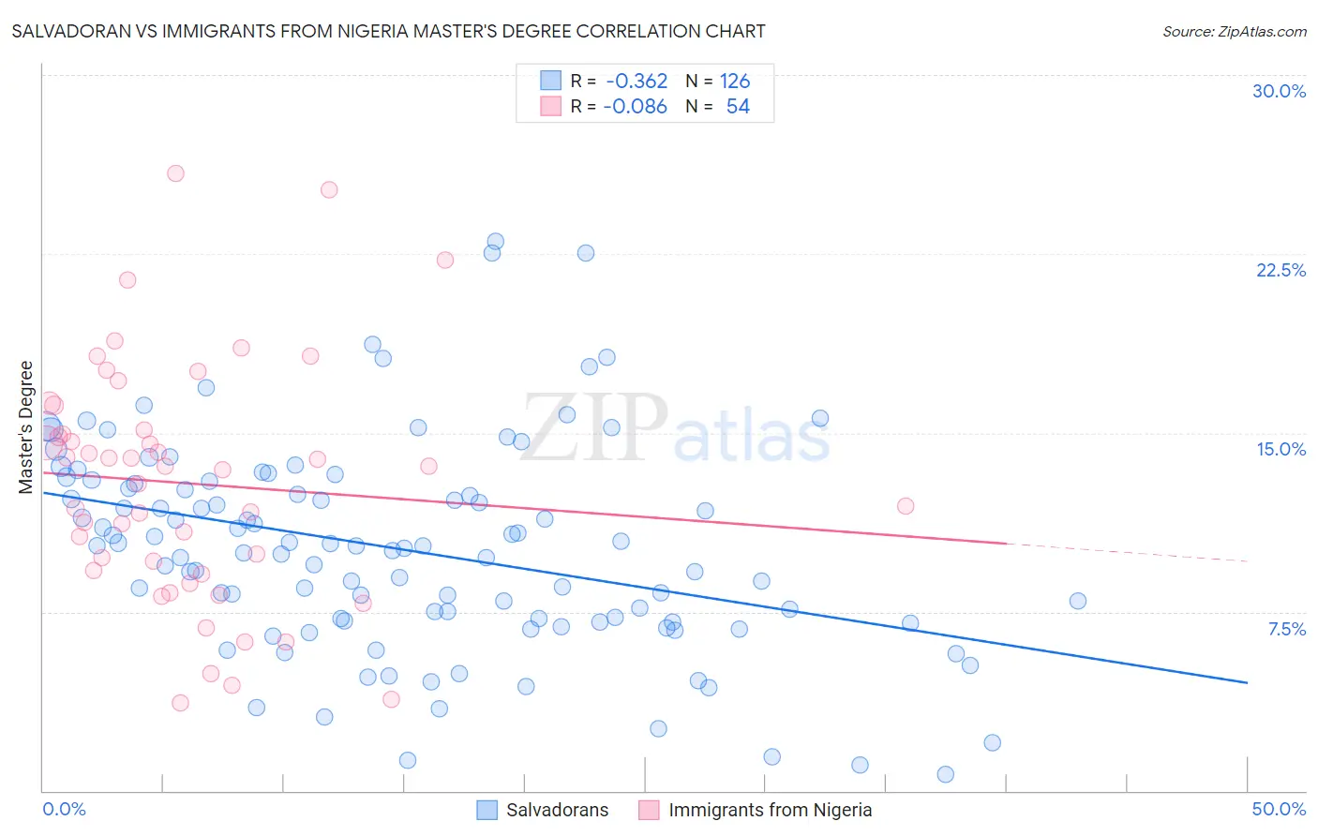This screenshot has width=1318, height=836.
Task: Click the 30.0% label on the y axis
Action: click(1279, 91)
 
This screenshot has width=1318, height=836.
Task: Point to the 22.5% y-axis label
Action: click(1281, 270)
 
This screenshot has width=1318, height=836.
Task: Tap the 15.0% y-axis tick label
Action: click(1281, 449)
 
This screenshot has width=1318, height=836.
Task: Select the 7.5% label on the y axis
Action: click(1286, 629)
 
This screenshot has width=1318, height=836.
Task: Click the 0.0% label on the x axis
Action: click(64, 809)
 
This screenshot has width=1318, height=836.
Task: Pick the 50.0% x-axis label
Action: click(1279, 809)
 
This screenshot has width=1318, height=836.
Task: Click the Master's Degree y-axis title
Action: click(26, 427)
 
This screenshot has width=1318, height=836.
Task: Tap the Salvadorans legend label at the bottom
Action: click(557, 810)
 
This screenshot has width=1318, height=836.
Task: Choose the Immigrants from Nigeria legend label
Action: click(770, 810)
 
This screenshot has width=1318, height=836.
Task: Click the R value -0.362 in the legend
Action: click(636, 82)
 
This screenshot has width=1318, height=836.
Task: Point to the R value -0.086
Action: click(636, 107)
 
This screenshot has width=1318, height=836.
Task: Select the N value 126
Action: click(735, 82)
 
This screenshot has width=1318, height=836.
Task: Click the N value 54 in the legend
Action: click(738, 107)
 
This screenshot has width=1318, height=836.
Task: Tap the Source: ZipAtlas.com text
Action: click(1234, 32)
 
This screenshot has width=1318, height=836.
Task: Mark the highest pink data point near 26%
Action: click(175, 173)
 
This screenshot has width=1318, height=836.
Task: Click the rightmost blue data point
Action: click(1078, 601)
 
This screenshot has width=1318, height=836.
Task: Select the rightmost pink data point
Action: click(906, 506)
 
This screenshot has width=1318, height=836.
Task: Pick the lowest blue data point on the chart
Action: click(945, 774)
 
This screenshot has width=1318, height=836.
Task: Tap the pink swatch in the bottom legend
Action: click(649, 810)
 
